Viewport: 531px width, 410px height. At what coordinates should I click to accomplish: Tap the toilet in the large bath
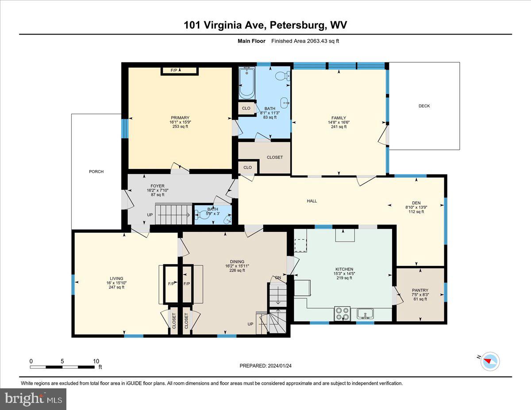tap(281, 76)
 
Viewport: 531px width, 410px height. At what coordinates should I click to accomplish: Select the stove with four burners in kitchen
tap(342, 313)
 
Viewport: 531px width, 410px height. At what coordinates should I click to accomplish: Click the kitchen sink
tap(366, 314)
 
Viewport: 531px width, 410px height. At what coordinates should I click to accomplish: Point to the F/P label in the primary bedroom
tap(179, 70)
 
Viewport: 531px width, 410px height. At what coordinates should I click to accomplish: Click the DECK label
tap(424, 106)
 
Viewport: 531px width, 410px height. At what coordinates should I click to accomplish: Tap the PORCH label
tap(96, 172)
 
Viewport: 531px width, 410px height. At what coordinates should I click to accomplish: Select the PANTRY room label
tap(420, 291)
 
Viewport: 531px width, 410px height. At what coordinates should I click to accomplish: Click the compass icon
tap(490, 360)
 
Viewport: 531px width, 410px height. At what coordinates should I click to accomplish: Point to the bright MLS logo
tap(34, 399)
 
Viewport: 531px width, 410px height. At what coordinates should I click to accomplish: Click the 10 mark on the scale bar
tap(96, 361)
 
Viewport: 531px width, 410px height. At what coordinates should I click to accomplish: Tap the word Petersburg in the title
tap(296, 25)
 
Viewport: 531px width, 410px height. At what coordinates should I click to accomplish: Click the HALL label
tap(312, 201)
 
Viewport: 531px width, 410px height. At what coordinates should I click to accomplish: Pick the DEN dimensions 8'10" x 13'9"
tap(416, 207)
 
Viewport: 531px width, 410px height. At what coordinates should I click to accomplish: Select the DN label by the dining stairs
tap(278, 278)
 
